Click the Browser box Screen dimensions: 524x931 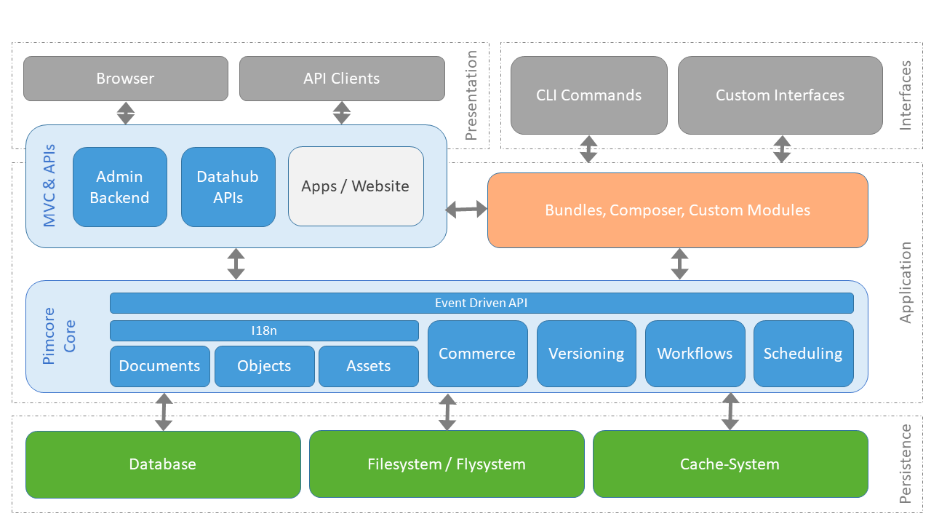[126, 79]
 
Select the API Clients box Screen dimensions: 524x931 [342, 79]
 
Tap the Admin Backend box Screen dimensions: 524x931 [120, 187]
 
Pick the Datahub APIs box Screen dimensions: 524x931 [228, 187]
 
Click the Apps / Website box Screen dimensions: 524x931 [356, 186]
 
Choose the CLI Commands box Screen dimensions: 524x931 [588, 95]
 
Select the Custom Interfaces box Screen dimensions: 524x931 [780, 95]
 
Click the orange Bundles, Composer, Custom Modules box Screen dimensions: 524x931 [677, 210]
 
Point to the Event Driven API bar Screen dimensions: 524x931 [481, 303]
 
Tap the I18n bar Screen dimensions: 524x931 [264, 330]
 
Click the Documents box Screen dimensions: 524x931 [160, 366]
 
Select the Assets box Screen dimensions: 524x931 [369, 366]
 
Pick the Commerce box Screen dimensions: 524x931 [477, 354]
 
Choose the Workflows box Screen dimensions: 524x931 [695, 354]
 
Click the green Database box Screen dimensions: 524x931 [163, 464]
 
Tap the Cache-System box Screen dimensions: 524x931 [730, 464]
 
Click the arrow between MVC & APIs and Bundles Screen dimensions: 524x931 [467, 210]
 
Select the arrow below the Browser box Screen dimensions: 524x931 [126, 113]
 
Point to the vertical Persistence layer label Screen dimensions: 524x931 [906, 464]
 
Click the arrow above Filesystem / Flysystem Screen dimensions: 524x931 [447, 412]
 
